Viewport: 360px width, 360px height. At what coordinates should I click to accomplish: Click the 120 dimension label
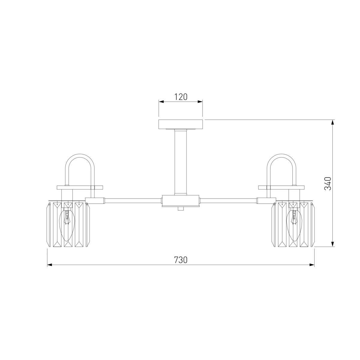[x=181, y=97]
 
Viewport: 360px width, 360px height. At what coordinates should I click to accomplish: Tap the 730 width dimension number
[x=181, y=260]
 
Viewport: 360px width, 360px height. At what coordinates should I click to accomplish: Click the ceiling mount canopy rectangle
[x=181, y=124]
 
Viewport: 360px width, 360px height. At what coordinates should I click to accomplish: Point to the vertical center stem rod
[x=181, y=162]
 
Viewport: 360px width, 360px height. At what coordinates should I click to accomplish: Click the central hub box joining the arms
[x=181, y=201]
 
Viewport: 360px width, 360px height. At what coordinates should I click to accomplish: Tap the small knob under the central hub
[x=181, y=208]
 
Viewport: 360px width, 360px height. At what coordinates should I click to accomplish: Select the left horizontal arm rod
[x=133, y=201]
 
